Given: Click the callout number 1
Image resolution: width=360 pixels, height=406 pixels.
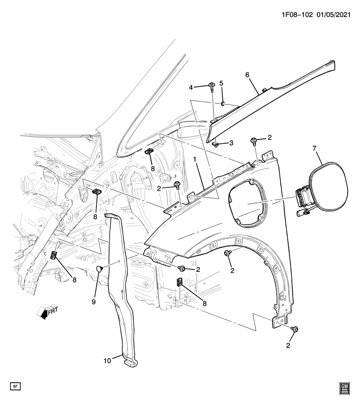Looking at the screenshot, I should [x=195, y=159].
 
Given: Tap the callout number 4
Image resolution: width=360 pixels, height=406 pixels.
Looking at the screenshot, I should [x=191, y=87].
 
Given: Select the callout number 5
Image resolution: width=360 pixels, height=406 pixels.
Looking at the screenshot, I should [x=221, y=83].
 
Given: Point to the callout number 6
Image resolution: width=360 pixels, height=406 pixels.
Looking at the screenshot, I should [x=248, y=75].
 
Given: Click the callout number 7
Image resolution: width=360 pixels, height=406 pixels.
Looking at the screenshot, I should [x=314, y=148].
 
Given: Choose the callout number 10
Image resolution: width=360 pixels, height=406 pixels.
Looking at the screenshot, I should [x=107, y=361].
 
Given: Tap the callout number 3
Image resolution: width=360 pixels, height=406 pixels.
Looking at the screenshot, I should [x=231, y=143].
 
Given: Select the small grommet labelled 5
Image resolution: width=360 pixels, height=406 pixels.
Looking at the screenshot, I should [x=223, y=104].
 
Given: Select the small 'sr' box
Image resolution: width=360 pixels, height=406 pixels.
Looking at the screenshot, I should [x=16, y=386].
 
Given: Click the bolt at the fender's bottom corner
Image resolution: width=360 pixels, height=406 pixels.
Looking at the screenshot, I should [x=295, y=329].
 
